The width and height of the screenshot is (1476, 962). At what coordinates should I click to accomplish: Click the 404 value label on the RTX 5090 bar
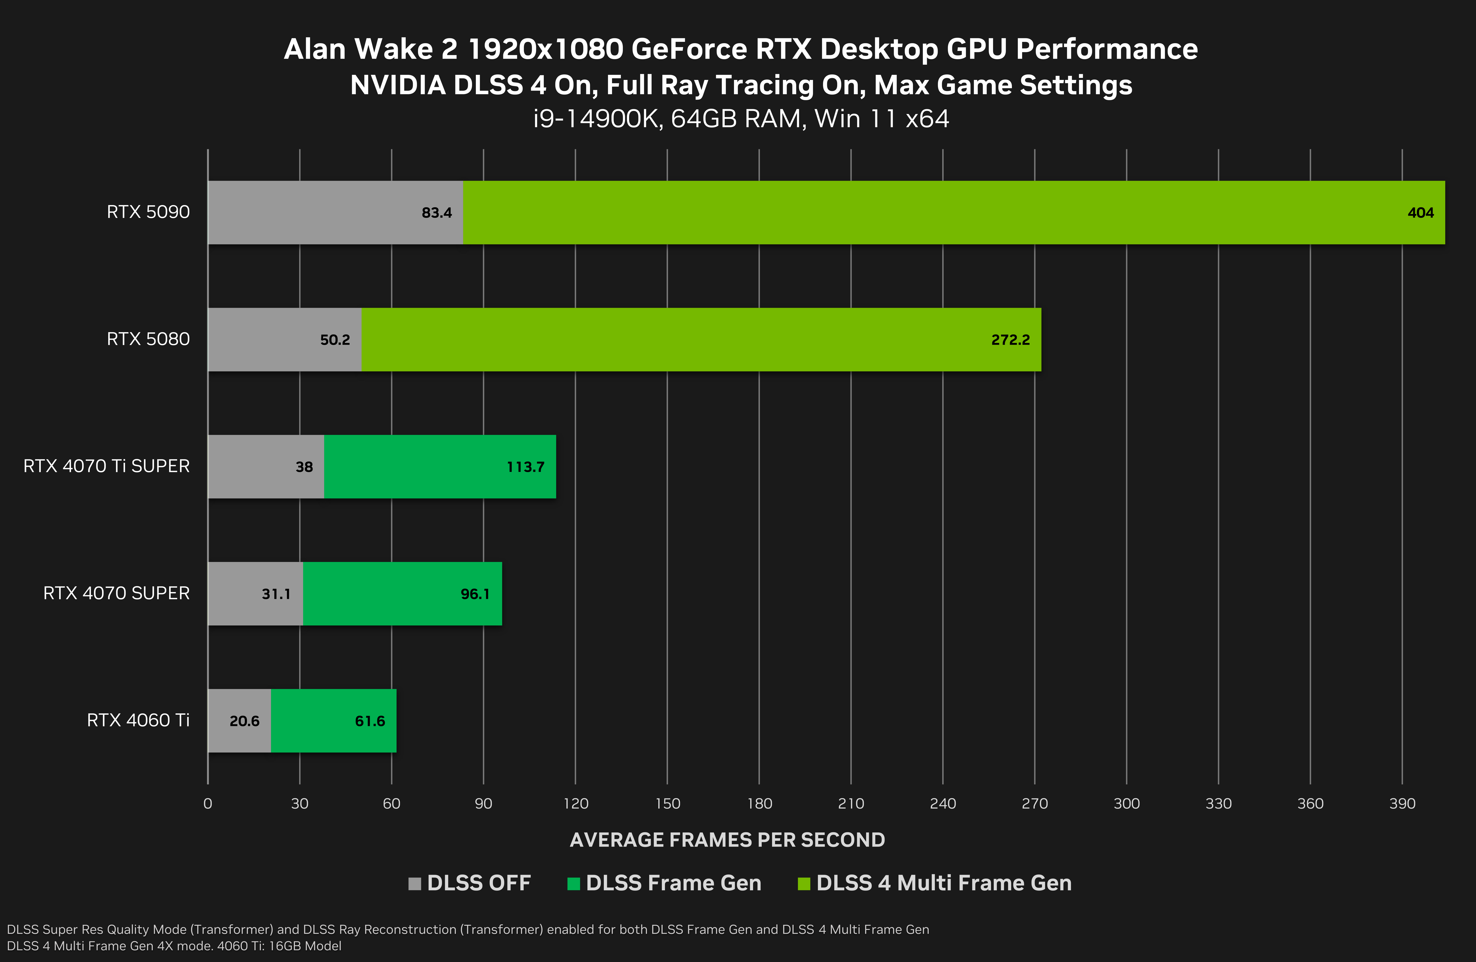[x=1420, y=213]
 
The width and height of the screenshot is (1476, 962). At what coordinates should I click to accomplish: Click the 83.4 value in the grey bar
[x=437, y=213]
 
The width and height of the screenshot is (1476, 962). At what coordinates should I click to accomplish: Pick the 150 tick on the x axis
[x=667, y=804]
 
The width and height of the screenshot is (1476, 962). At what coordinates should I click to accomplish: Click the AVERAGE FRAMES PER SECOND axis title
[x=727, y=840]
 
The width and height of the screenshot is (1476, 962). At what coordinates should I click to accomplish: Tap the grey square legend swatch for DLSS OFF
[x=414, y=883]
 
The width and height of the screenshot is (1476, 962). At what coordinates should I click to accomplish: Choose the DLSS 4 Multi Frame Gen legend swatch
[x=804, y=883]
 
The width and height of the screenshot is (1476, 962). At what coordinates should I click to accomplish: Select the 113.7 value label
[x=525, y=467]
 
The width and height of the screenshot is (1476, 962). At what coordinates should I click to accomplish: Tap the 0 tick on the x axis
[x=208, y=804]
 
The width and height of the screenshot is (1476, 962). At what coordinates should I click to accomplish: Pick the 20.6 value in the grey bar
[x=244, y=721]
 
